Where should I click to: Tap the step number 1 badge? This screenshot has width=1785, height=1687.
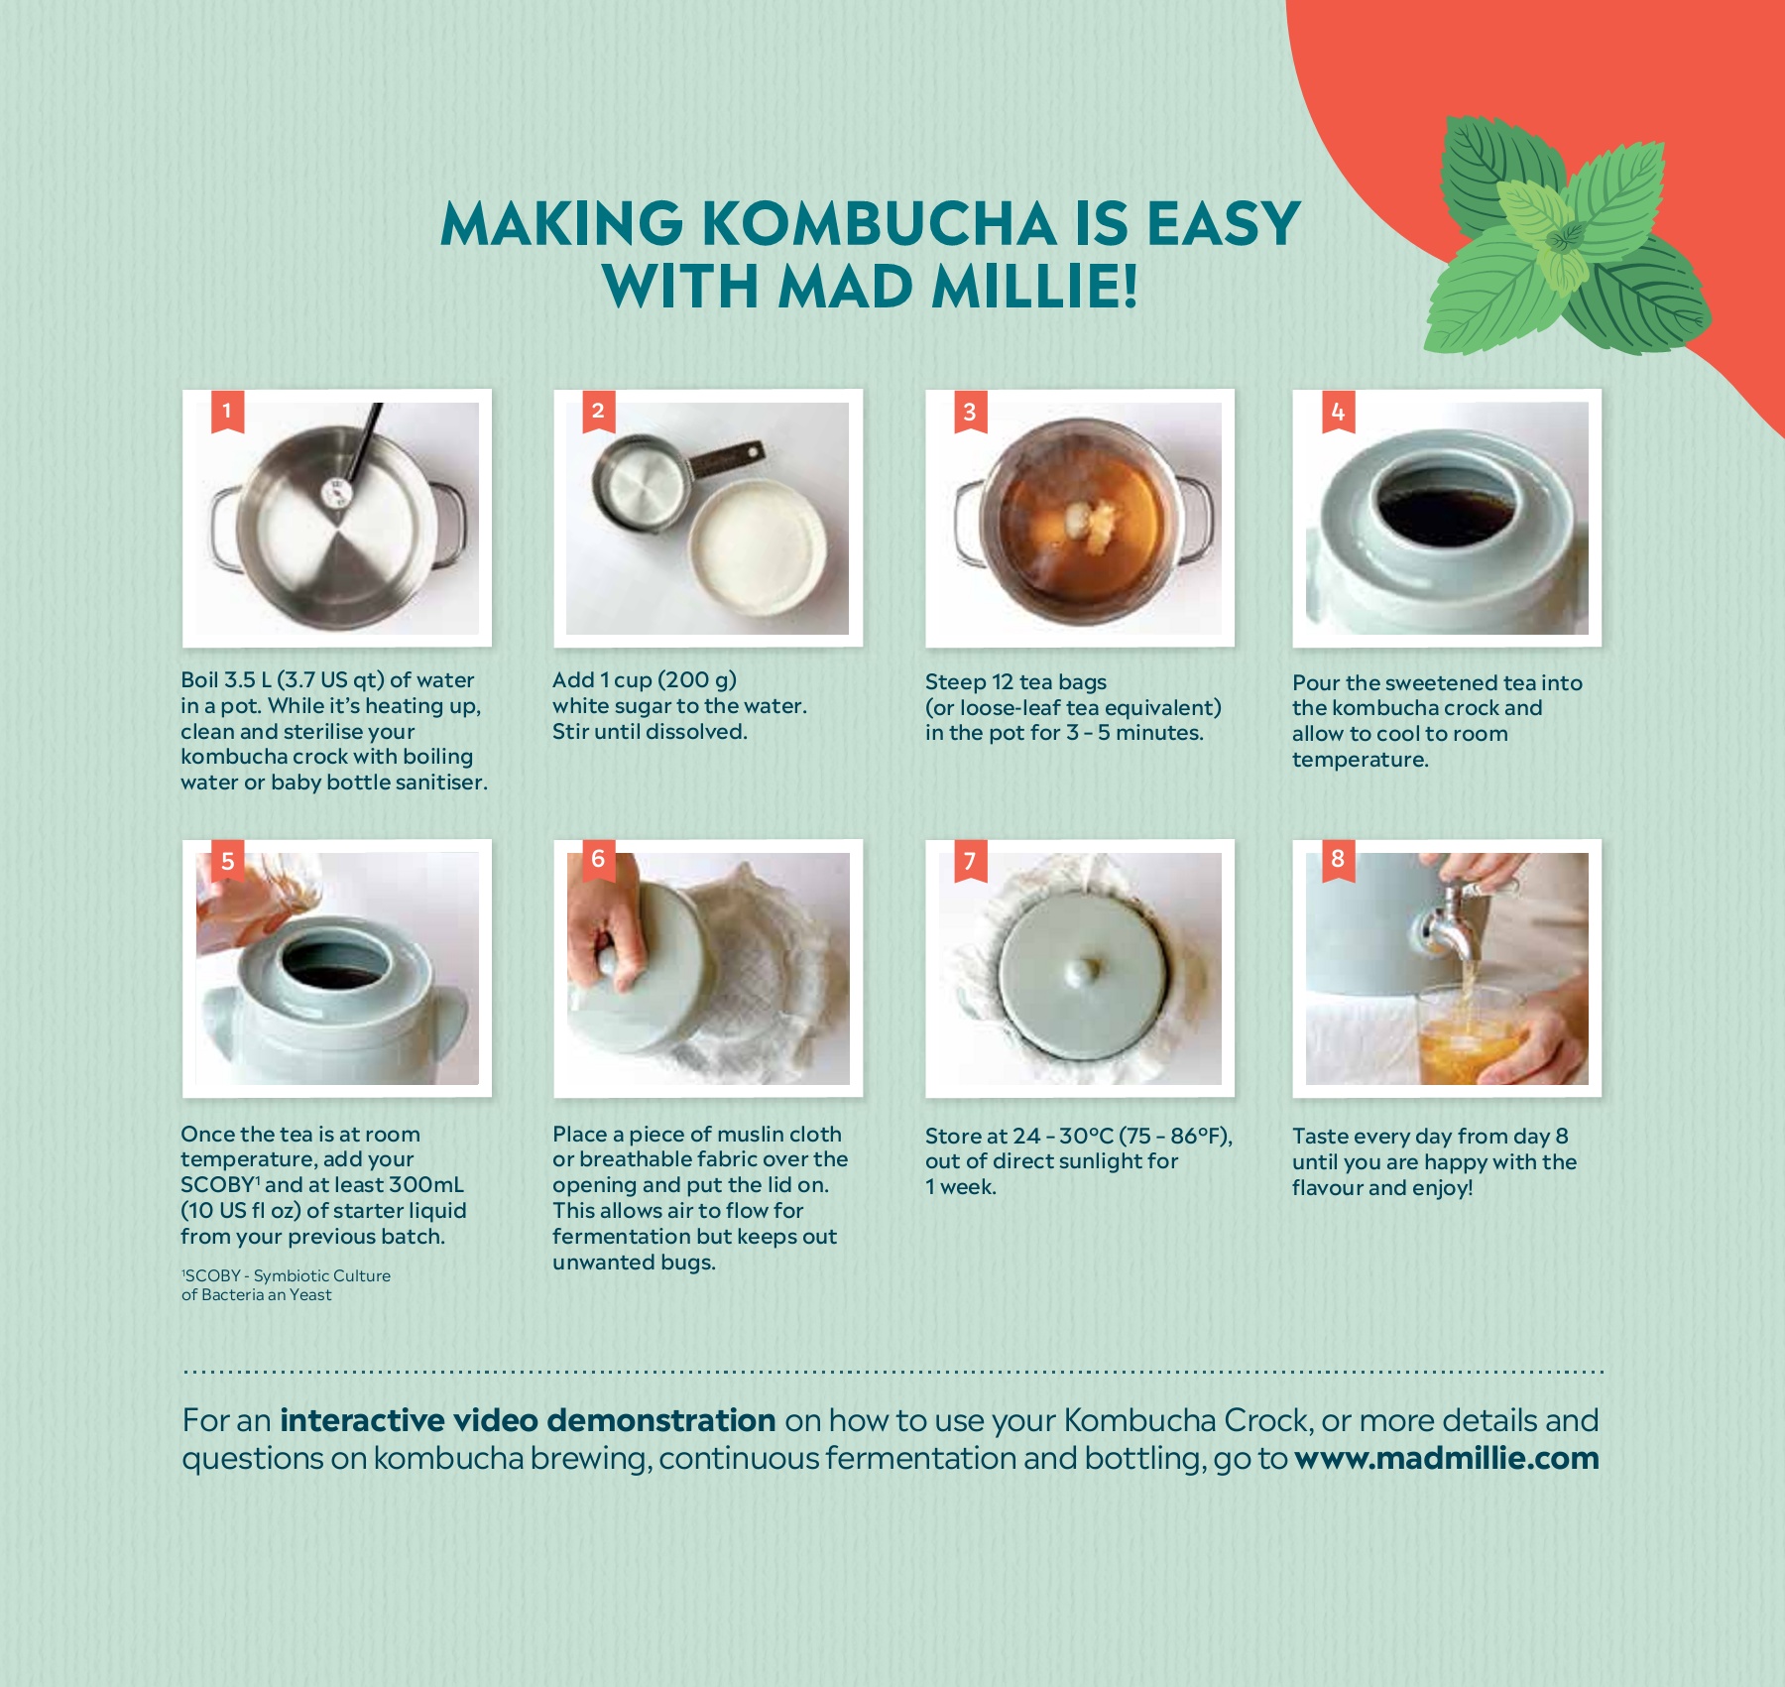point(227,412)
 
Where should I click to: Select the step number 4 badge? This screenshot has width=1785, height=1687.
point(1338,412)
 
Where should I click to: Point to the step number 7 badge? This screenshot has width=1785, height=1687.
point(970,861)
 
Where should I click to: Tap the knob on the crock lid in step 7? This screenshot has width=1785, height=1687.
point(1082,969)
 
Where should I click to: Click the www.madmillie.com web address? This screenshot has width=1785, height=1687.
point(1447,1458)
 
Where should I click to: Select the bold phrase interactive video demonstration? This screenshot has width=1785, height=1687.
point(528,1420)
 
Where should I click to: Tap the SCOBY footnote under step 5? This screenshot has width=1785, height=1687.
point(286,1284)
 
